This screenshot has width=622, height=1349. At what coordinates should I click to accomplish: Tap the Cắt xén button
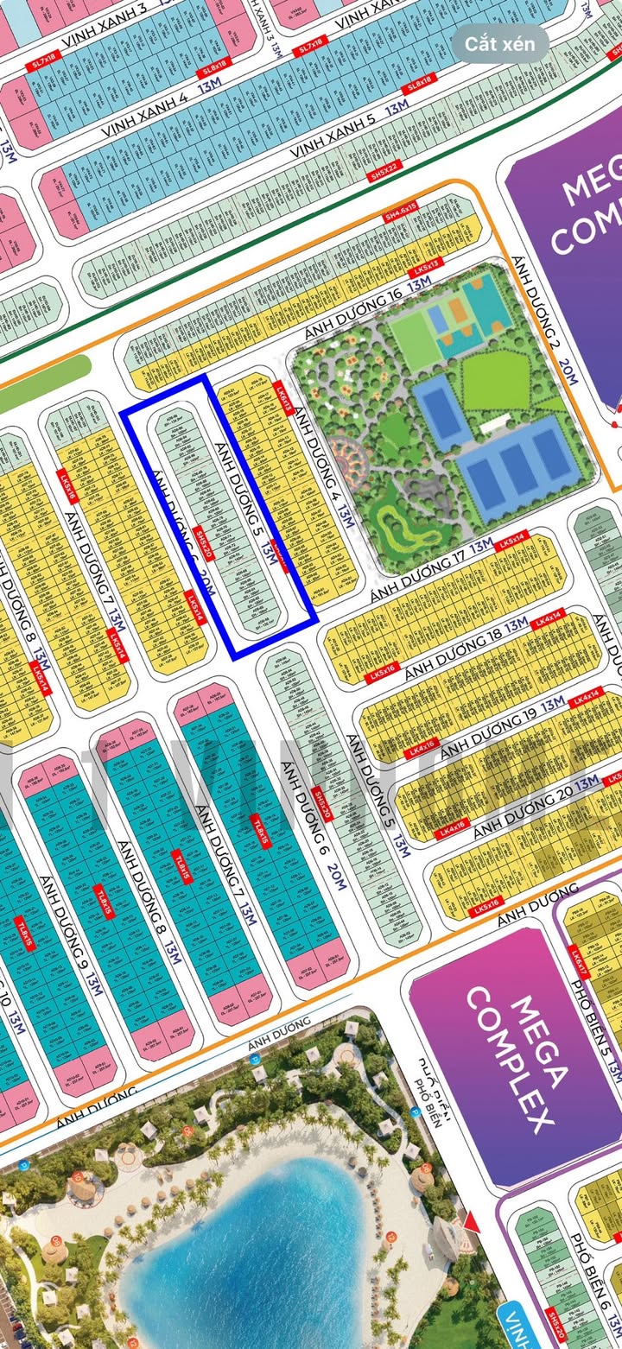pyautogui.click(x=500, y=43)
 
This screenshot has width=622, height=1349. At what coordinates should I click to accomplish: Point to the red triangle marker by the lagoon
pyautogui.click(x=470, y=1221)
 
